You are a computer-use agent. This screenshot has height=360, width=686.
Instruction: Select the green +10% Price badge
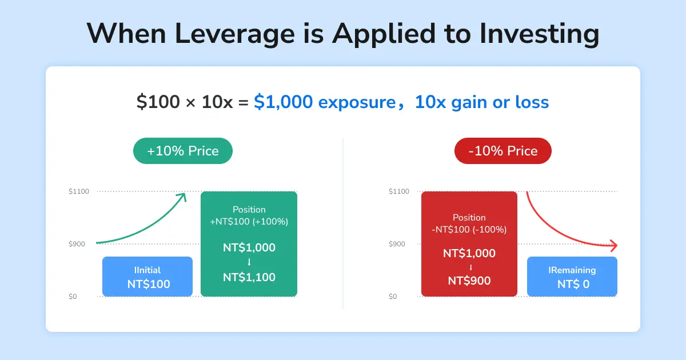183,151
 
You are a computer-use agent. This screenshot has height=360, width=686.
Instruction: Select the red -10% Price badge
503,151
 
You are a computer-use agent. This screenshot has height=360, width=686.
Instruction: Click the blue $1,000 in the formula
284,102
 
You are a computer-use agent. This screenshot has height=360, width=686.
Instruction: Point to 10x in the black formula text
217,102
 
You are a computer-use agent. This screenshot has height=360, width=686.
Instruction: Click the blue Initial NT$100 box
147,277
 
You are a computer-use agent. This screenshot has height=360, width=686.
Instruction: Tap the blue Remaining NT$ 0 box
572,277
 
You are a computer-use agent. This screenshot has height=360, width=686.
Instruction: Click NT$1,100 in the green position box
249,277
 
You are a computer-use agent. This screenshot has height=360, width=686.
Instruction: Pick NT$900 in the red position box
469,281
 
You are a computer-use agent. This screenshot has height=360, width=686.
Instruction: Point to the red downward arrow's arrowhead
614,246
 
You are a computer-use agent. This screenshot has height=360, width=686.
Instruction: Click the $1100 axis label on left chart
79,191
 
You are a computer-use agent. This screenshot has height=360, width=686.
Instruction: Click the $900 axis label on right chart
397,244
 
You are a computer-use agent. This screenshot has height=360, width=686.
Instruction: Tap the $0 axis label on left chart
73,297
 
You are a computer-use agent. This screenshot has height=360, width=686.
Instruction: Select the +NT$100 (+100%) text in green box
249,222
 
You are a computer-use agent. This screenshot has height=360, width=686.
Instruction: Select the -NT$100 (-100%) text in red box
469,230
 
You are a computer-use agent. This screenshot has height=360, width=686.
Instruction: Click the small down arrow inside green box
249,262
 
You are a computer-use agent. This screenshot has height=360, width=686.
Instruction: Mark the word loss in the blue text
532,102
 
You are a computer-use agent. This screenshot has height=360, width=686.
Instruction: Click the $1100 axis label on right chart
399,191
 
